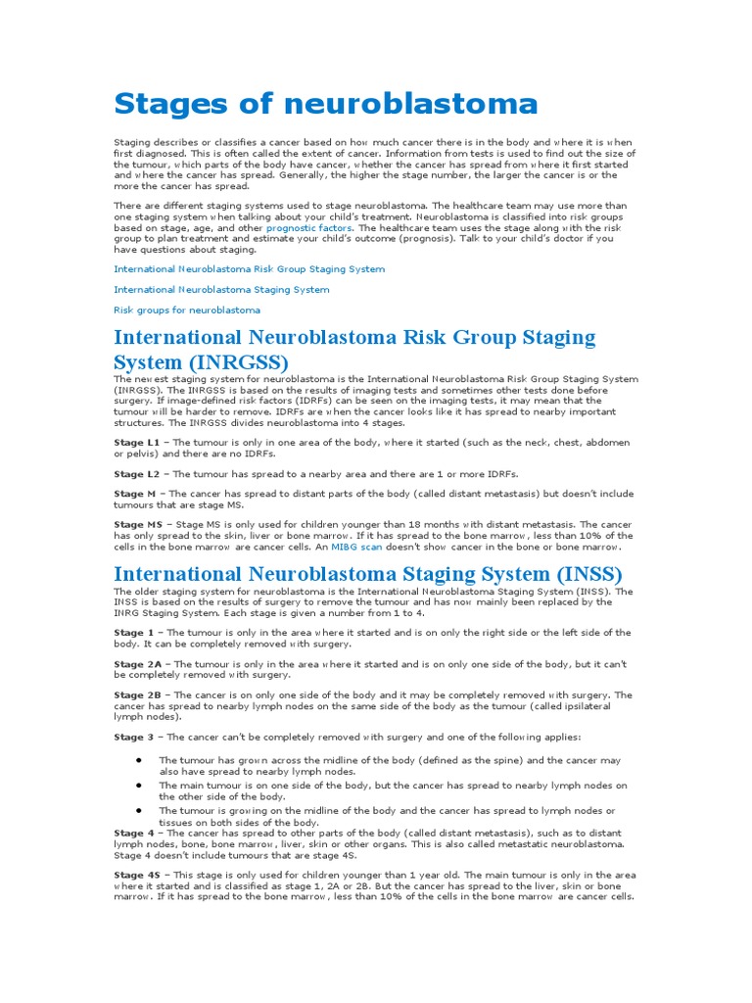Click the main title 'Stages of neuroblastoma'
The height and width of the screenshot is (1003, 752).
pos(326,103)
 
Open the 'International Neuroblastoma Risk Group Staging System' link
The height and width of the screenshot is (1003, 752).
pos(249,268)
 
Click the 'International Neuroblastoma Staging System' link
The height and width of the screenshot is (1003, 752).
pos(221,289)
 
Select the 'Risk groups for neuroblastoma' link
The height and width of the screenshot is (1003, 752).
pos(187,310)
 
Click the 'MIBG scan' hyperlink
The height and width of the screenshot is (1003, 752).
pos(358,547)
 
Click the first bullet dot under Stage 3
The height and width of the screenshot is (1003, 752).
pos(140,760)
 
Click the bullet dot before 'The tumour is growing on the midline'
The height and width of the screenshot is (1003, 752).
pos(140,810)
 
